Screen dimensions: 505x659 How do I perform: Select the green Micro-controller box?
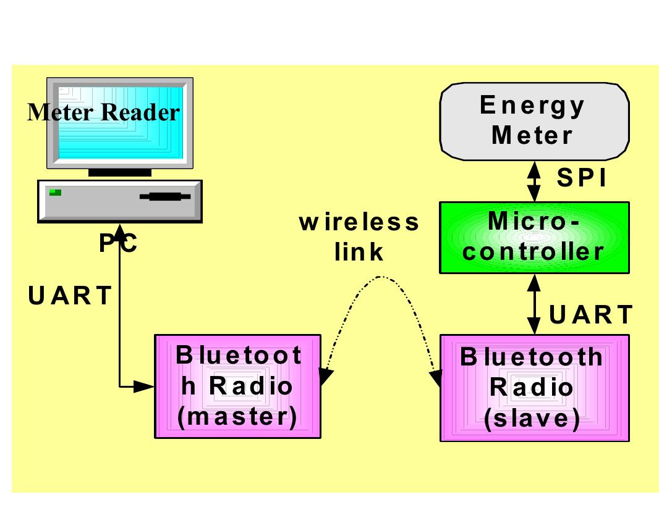pyautogui.click(x=534, y=237)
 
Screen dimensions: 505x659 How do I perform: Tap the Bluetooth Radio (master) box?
pyautogui.click(x=237, y=386)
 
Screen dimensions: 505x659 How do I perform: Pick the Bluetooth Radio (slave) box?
pyautogui.click(x=534, y=388)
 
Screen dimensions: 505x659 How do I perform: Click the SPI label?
pyautogui.click(x=582, y=178)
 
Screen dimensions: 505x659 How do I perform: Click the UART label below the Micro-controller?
pyautogui.click(x=590, y=314)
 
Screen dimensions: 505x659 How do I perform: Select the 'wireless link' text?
pyautogui.click(x=359, y=236)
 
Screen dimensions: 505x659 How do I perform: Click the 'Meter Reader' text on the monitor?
pyautogui.click(x=104, y=112)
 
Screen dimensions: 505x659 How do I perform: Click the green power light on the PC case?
pyautogui.click(x=56, y=192)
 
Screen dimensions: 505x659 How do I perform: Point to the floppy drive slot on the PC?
pyautogui.click(x=164, y=197)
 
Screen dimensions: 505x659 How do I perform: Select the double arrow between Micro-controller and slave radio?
pyautogui.click(x=533, y=305)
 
